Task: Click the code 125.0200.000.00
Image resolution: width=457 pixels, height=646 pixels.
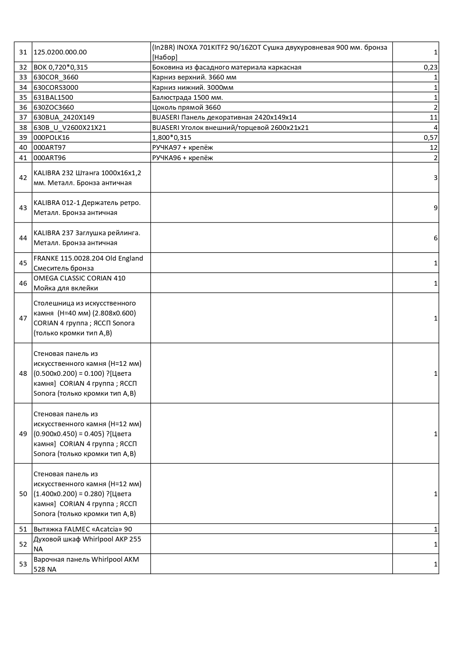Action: tap(60, 52)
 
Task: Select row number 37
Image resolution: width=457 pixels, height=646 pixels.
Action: tap(23, 117)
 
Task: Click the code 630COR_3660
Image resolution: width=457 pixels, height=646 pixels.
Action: tap(56, 77)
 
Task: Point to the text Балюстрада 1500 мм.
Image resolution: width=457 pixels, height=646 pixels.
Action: tap(187, 98)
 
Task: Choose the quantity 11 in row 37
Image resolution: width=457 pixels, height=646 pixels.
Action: tap(433, 117)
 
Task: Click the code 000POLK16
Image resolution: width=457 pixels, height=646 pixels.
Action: tap(51, 138)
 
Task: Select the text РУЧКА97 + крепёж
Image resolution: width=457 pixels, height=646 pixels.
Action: tap(182, 148)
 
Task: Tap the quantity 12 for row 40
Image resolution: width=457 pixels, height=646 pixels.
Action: tap(433, 148)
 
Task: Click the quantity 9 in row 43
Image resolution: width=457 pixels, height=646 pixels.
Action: tap(435, 208)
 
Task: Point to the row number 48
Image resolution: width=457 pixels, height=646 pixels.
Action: tap(23, 374)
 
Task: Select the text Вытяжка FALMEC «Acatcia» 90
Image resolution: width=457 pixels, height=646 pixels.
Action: tap(82, 529)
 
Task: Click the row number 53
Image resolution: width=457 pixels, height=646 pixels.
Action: tap(23, 564)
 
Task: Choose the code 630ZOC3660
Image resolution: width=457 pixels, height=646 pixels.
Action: tap(53, 107)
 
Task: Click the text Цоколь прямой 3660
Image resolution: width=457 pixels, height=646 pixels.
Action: tap(186, 107)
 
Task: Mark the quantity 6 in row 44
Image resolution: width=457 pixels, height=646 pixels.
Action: tap(435, 238)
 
